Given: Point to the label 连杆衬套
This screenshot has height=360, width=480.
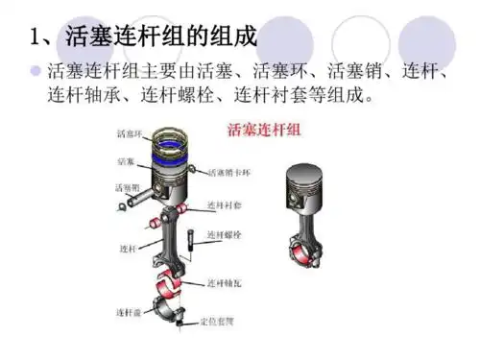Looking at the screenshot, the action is pos(226,206).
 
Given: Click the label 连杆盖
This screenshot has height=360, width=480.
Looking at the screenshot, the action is pos(129,311).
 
